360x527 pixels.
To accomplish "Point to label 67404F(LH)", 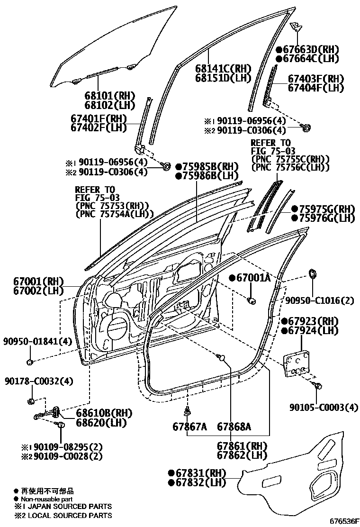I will pos(316,88).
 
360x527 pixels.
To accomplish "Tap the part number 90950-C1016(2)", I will pos(319,300).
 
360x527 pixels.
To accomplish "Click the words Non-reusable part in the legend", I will pos(45,499).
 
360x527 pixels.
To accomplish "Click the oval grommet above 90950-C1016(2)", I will pos(313,273).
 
